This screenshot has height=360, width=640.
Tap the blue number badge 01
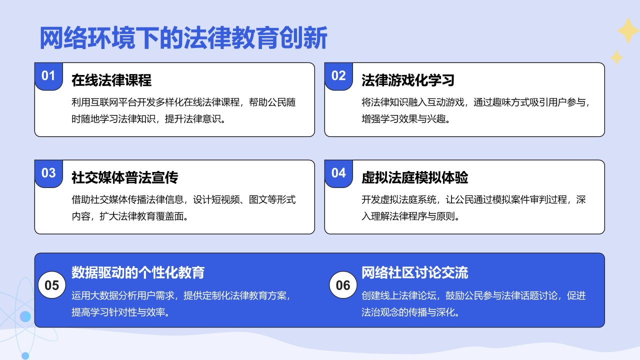[x=48, y=76]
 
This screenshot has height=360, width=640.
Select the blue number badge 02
[x=338, y=76]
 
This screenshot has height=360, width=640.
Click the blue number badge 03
[x=48, y=173]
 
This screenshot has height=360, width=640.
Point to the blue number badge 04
[x=338, y=173]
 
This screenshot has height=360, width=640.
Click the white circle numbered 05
[x=52, y=285]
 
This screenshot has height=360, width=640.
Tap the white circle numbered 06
[x=343, y=285]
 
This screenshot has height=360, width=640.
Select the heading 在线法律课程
[x=111, y=80]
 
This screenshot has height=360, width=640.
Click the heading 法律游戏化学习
[x=407, y=80]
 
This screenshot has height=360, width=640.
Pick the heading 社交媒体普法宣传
[x=124, y=177]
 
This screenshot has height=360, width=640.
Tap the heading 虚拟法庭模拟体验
[x=414, y=177]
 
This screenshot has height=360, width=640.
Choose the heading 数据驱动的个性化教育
[x=138, y=272]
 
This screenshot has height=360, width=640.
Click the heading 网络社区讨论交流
[x=414, y=272]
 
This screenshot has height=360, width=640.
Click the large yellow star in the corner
[x=627, y=31]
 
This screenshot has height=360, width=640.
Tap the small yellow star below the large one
[x=616, y=57]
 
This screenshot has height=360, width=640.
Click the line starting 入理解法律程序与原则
[x=410, y=217]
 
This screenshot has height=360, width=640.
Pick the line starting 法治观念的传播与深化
[x=410, y=312]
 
